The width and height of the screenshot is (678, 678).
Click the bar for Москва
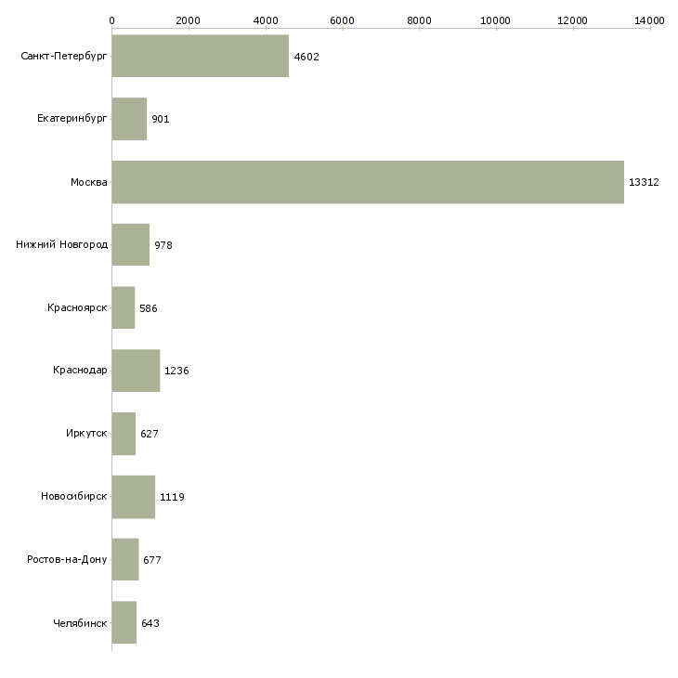click(368, 182)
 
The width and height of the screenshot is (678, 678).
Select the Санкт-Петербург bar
click(200, 56)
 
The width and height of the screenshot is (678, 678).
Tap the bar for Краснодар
click(136, 371)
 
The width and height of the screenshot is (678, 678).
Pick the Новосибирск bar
click(133, 497)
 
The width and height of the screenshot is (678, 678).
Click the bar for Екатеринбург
click(129, 119)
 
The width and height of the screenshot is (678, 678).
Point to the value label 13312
click(644, 182)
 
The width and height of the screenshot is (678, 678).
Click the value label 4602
click(306, 57)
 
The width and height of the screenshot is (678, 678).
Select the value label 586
click(149, 308)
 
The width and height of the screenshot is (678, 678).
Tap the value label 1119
click(172, 497)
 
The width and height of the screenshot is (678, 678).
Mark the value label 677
click(152, 560)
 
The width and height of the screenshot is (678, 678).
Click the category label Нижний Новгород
click(62, 245)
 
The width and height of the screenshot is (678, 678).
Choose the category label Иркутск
click(87, 434)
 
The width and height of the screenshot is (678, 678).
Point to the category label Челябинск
click(80, 623)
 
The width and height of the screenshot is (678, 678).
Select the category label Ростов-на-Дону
click(67, 560)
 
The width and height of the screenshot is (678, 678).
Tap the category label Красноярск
click(77, 308)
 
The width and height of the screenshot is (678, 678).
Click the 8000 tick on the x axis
click(419, 20)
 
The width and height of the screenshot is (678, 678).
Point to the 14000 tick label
click(649, 20)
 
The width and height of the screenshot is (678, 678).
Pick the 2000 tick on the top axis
click(189, 20)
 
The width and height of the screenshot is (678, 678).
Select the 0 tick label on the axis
click(111, 20)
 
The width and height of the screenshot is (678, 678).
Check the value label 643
click(150, 623)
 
